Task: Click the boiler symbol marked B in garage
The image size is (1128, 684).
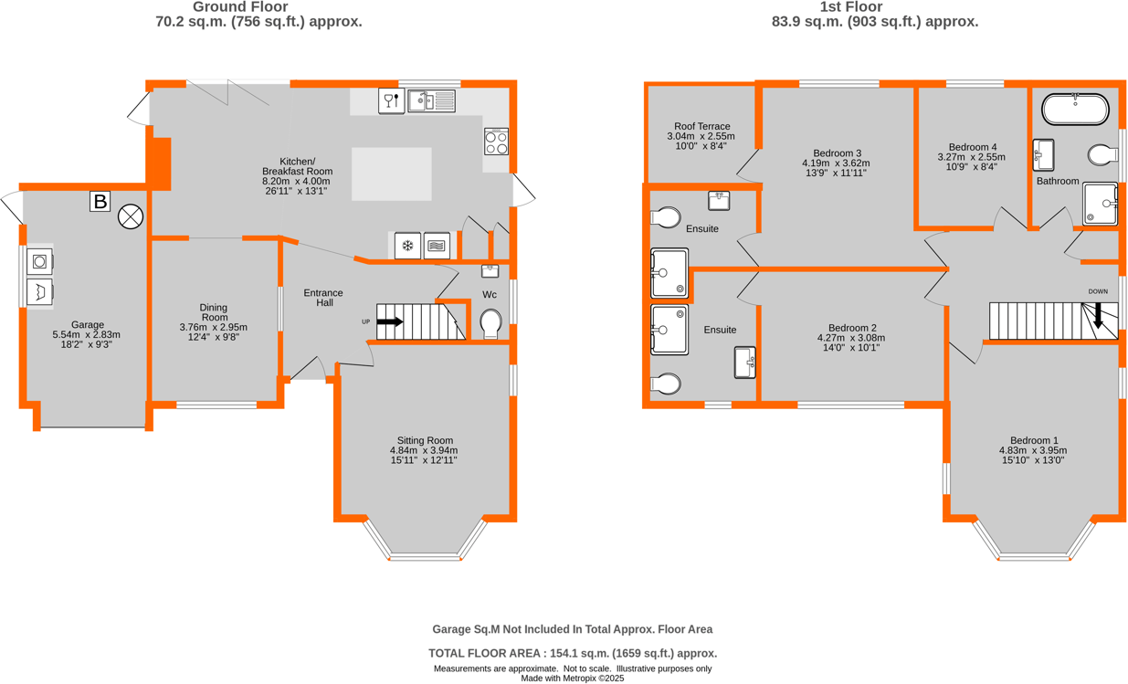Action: tap(100, 202)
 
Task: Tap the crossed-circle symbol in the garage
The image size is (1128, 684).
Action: tap(131, 216)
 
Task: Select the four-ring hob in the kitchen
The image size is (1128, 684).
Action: tap(497, 142)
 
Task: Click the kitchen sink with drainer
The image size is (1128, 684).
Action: tap(431, 100)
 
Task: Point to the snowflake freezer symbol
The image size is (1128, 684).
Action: tap(407, 246)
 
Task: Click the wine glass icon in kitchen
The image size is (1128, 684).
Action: tap(391, 100)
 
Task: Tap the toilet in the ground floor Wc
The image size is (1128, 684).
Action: tap(490, 323)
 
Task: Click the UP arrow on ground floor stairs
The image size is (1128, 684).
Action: tap(390, 321)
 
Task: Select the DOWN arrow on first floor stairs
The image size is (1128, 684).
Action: tap(1098, 317)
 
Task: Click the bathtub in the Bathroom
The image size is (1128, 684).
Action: tap(1076, 110)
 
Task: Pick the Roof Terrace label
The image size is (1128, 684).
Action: tap(701, 126)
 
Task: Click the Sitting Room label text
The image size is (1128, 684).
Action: tap(424, 440)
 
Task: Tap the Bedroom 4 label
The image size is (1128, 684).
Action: tap(973, 147)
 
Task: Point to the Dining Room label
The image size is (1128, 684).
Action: tap(213, 312)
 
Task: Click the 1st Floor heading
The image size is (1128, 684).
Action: tap(875, 7)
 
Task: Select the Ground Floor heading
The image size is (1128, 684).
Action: tap(258, 7)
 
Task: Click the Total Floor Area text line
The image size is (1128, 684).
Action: tap(573, 653)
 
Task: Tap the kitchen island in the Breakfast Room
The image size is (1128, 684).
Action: tap(391, 174)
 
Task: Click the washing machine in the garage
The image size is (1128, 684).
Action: tap(39, 262)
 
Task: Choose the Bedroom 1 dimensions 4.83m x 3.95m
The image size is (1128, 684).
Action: tap(1032, 450)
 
